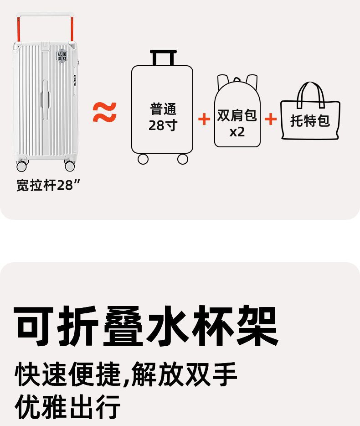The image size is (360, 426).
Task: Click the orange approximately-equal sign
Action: click(x=105, y=113)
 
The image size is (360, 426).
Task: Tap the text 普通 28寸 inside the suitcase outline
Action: click(x=163, y=117)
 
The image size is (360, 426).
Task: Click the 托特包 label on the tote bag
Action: click(x=310, y=121)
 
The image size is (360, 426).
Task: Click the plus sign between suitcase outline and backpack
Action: click(x=204, y=119)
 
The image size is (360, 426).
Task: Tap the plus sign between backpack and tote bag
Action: click(x=270, y=119)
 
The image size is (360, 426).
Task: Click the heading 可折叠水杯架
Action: click(x=146, y=326)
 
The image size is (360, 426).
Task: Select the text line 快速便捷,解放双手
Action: click(x=126, y=375)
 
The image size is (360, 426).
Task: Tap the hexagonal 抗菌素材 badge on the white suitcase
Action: click(x=61, y=56)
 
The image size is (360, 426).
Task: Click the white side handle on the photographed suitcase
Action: click(x=46, y=96)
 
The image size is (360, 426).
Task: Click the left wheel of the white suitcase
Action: click(x=22, y=166)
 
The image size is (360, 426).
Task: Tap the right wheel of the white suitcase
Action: click(x=70, y=165)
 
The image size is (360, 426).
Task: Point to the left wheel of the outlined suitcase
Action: click(x=143, y=159)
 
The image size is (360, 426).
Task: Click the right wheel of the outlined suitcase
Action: click(x=183, y=159)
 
